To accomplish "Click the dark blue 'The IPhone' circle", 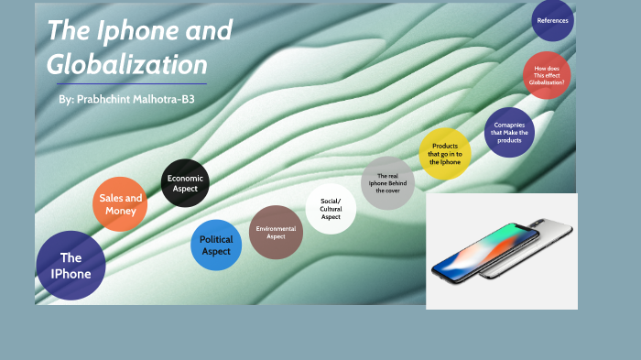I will (71, 266).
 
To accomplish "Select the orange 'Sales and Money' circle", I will (120, 203).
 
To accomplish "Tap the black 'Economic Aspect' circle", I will (185, 183).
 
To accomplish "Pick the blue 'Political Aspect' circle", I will (216, 245).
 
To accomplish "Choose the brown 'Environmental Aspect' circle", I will (276, 232).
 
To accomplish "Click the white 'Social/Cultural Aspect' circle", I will (331, 209).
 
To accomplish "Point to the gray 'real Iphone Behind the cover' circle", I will (387, 182).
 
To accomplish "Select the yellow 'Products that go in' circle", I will (445, 153).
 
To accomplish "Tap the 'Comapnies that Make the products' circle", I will (509, 133).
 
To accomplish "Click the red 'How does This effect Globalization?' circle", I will (547, 75).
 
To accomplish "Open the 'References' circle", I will (552, 20).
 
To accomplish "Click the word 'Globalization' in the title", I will (127, 65).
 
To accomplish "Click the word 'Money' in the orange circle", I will (120, 211).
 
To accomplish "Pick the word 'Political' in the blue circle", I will (216, 239).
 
